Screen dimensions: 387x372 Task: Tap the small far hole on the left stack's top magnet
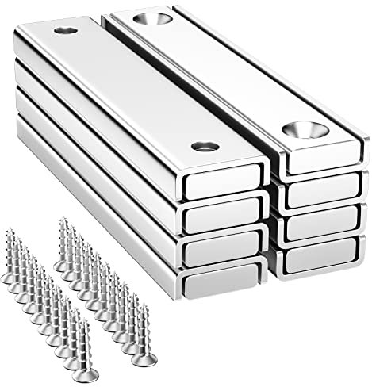pos(63,32)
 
